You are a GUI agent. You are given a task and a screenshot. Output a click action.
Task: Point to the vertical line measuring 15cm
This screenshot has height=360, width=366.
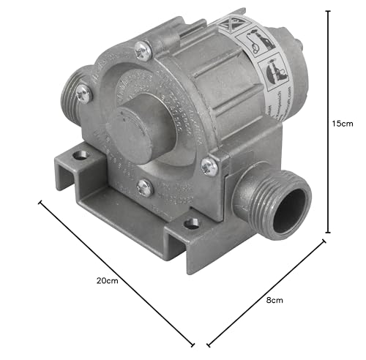[x=327, y=124]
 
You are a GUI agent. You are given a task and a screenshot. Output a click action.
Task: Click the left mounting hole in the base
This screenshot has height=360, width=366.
[x=81, y=155]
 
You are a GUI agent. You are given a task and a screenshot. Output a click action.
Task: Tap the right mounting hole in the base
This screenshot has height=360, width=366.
[x=193, y=222]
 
